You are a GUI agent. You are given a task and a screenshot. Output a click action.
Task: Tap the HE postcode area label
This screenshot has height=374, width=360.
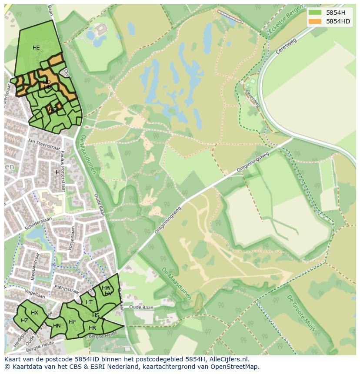point(36,47)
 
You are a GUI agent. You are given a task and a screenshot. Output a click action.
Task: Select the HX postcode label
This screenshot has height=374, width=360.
point(34,313)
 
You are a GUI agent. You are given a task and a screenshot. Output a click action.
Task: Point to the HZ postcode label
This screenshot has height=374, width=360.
point(24,321)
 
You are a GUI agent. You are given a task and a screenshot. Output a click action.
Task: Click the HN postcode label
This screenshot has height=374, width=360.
point(57,325)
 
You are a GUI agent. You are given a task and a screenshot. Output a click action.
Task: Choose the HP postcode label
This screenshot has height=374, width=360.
point(72,322)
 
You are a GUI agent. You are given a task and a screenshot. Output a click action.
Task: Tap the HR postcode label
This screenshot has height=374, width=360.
point(92,328)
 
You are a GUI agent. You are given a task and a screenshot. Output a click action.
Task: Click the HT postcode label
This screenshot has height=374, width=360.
point(89,302)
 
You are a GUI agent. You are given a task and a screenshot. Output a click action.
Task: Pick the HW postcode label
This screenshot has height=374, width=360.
point(106,288)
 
